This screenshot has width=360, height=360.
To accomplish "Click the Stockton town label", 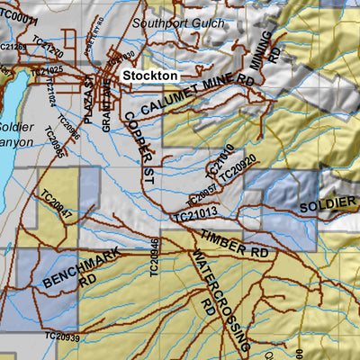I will point(150,76).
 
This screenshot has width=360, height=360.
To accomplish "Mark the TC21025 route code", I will point(46,70).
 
